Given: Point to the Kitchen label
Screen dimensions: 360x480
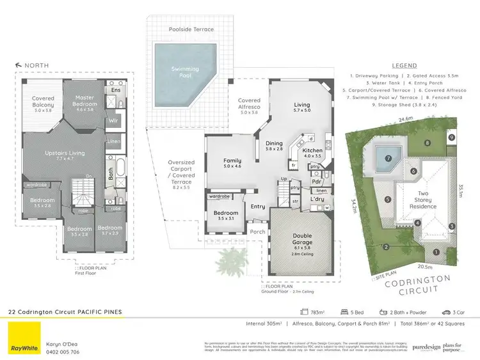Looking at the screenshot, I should [x=312, y=153].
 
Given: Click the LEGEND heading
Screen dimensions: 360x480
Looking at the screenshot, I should [x=404, y=65].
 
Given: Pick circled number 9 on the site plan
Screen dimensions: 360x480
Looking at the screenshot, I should [x=452, y=137].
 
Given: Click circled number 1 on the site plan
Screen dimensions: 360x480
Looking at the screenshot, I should [x=437, y=252].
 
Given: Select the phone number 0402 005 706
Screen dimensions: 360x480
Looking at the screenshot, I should [x=62, y=352].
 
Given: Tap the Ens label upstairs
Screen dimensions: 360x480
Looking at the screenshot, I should [x=115, y=90].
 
